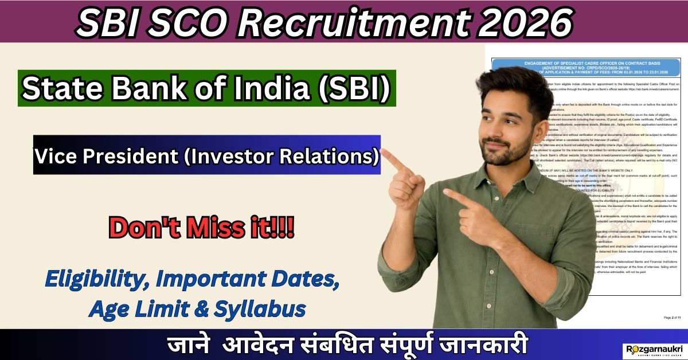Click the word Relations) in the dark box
(333, 155)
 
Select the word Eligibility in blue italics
(98, 282)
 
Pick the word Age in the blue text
(110, 310)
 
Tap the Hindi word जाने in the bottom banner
(187, 346)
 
